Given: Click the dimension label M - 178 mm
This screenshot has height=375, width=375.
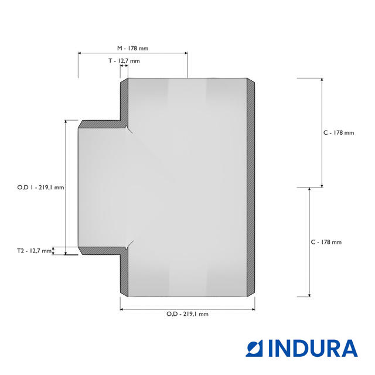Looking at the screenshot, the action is (x=133, y=48).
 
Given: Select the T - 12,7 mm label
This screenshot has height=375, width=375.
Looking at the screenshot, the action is (x=124, y=61).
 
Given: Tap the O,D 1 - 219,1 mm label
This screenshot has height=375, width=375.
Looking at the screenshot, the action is (x=40, y=187).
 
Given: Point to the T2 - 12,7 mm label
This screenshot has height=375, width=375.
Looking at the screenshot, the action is (x=34, y=251).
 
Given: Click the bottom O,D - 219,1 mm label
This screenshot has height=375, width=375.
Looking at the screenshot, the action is (x=187, y=314).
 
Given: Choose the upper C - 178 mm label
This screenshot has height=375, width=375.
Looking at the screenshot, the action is (x=339, y=133).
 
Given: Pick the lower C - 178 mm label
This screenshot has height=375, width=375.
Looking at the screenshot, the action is (x=326, y=242).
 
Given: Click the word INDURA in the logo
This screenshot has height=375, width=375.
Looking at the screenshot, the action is (x=313, y=348).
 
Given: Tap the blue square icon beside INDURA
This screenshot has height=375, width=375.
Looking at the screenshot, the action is (x=254, y=349).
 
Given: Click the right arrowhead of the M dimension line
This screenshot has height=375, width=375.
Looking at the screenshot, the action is (x=186, y=53).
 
